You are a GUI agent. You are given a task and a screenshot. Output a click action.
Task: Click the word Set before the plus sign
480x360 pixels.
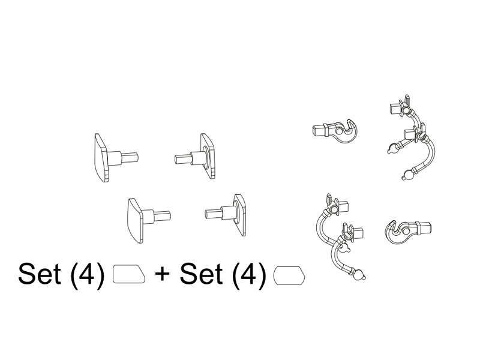tap(39, 274)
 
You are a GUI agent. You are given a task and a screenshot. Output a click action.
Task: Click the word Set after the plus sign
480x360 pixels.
tap(201, 274)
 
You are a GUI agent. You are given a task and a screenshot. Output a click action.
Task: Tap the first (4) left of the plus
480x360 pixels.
tap(88, 274)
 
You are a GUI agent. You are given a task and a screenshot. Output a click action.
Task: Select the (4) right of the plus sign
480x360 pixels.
tap(249, 274)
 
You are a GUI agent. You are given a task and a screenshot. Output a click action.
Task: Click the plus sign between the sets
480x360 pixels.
tap(162, 274)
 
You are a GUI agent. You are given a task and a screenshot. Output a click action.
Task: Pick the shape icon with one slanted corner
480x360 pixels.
tap(129, 274)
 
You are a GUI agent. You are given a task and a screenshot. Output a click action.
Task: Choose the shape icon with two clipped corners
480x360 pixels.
tap(289, 275)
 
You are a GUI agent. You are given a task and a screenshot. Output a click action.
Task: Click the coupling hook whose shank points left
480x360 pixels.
tap(335, 131)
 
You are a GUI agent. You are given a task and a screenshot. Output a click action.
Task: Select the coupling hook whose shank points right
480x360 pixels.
tap(407, 231)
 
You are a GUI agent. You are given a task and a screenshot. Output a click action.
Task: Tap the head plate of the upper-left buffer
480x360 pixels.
tap(101, 158)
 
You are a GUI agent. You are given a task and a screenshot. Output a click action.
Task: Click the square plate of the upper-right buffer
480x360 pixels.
tap(208, 156)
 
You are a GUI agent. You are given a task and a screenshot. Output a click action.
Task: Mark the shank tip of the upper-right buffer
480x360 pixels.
tap(176, 159)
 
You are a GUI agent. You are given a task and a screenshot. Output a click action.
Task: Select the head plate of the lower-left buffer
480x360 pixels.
tap(135, 221)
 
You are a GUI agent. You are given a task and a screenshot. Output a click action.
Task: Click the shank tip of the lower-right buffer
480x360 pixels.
tap(207, 214)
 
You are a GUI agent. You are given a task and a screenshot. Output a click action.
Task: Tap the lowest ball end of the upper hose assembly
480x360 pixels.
tap(407, 176)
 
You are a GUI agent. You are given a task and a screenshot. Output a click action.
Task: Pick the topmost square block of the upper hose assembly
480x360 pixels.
tap(396, 109)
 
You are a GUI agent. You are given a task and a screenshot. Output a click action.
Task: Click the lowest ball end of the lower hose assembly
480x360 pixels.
tap(359, 275)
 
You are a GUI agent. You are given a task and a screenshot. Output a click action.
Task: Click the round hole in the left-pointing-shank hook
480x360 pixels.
tap(339, 131)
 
